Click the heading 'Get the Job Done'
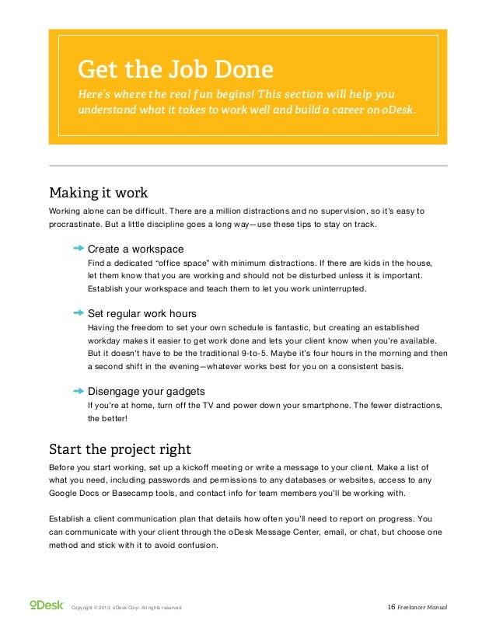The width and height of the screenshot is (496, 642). pyautogui.click(x=175, y=70)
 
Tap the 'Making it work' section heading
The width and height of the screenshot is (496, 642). pyautogui.click(x=98, y=192)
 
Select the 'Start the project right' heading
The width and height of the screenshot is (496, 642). pyautogui.click(x=120, y=449)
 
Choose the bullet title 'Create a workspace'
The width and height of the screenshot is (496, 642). pyautogui.click(x=135, y=249)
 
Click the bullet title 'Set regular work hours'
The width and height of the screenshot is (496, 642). pyautogui.click(x=141, y=314)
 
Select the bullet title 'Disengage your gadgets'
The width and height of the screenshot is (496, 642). pyautogui.click(x=146, y=391)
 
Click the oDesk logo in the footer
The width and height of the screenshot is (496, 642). pyautogui.click(x=46, y=605)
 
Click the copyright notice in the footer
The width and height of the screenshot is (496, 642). pyautogui.click(x=127, y=607)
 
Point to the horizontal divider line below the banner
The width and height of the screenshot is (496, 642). pyautogui.click(x=248, y=166)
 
